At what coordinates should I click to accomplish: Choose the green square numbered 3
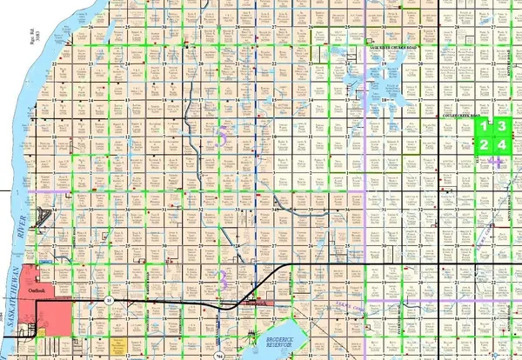click(x=501, y=127)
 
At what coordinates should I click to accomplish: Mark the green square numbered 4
click(x=501, y=144)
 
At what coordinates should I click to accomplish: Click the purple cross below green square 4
click(x=497, y=161)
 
